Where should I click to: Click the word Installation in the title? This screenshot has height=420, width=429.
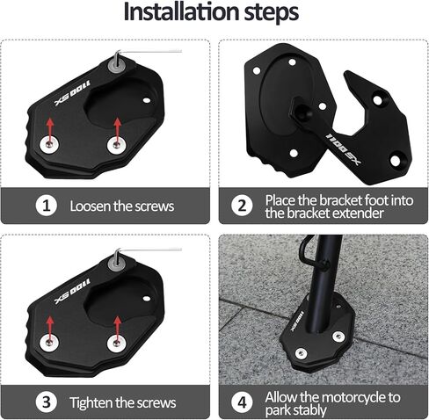coord(181,11)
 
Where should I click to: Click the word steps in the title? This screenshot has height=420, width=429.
coord(272,13)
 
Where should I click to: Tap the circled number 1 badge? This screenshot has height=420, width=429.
coord(47,206)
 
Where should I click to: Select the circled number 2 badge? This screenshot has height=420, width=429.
coord(242,206)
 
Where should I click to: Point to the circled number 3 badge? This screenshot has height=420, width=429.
coord(47,402)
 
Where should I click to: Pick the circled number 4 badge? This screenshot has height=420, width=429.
coord(242,402)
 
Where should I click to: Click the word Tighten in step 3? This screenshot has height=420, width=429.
coord(91,403)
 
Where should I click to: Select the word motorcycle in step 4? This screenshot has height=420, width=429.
coord(355,397)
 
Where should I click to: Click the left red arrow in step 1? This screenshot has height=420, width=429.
coord(50,130)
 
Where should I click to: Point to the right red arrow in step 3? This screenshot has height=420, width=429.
coord(118,329)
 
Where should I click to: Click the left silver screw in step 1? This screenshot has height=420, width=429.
coord(49,144)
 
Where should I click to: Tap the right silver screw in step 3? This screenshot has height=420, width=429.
coord(117,343)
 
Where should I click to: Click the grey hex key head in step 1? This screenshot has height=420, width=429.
coord(117,65)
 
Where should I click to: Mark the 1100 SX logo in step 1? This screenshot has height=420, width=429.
coord(73,92)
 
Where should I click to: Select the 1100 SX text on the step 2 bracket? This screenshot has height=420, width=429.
coord(344,148)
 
